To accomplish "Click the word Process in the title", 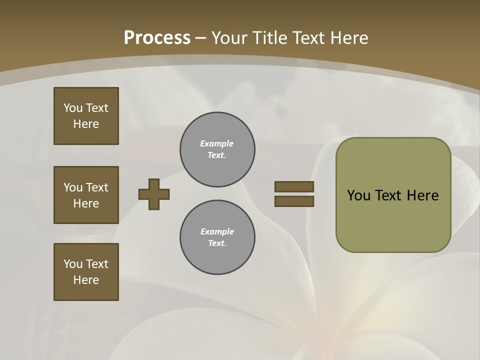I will point(157,38).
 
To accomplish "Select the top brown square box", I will point(86,116).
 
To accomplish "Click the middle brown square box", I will point(86,195).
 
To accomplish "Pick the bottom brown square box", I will point(86,272).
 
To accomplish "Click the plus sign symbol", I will point(154,194).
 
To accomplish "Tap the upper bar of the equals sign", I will point(294,186).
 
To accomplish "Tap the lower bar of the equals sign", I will point(294,201).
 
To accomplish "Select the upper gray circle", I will point(217,149).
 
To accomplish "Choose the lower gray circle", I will point(217,237).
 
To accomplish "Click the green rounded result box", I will point(393,195).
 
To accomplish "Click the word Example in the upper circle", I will point(217,143).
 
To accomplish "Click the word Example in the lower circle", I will point(217,231).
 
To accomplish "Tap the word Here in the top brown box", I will point(86,124).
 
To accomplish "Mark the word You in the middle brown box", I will point(72,187).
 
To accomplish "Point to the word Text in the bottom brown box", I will point(97,264).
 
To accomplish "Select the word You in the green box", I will point(358,195).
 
